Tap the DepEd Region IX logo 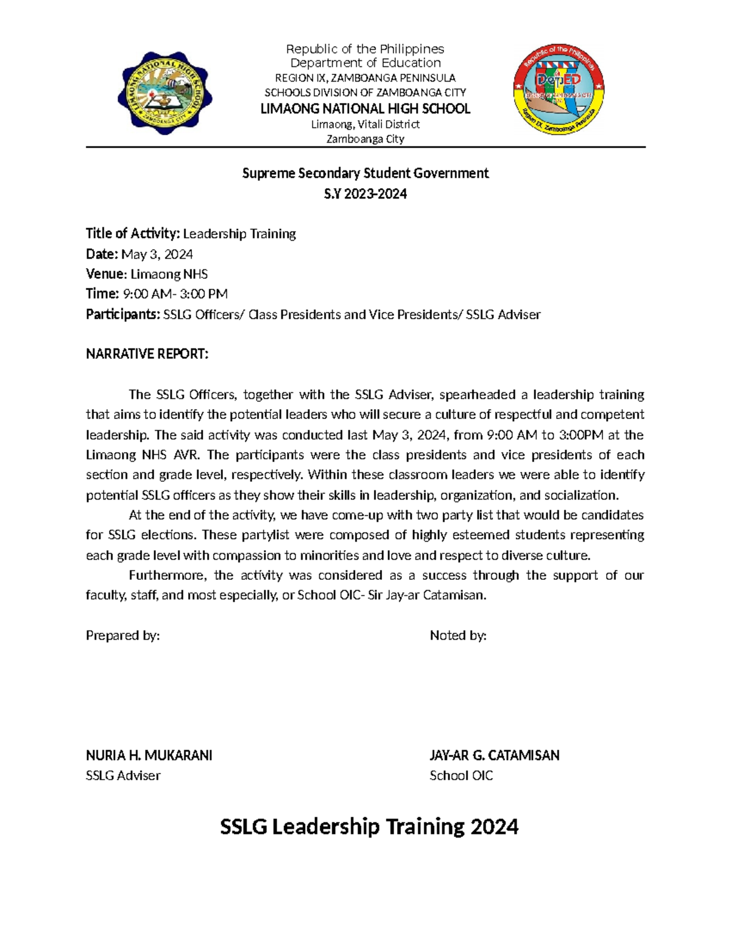coord(559,90)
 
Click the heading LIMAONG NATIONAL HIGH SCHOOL coord(365,109)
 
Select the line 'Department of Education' coord(365,63)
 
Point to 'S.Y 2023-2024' coord(365,194)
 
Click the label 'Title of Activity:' coord(133,233)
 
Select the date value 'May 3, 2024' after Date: coord(157,254)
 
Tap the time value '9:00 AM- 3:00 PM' coord(175,294)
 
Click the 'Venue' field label coord(106,274)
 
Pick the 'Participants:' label coord(122,314)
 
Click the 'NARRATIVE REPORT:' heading coord(147,354)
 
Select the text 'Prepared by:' coord(122,635)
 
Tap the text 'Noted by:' coord(457,635)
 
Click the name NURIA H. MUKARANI coord(149,755)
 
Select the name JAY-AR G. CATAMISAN coord(494,755)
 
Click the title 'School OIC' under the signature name coord(461,775)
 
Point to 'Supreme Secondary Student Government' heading coord(365,173)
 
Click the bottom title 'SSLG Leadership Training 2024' coord(369,827)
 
